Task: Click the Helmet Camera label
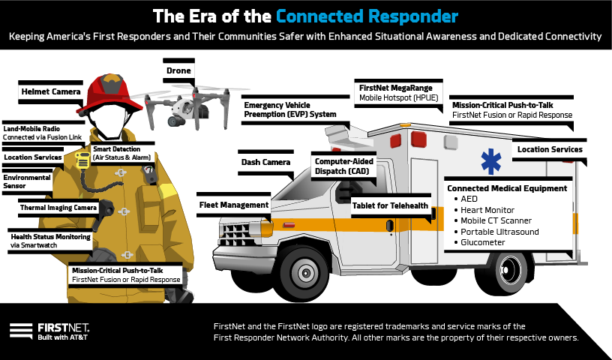tap(49, 92)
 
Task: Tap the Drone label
tap(178, 71)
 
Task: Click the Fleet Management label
tap(234, 205)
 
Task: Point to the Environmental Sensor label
tap(27, 182)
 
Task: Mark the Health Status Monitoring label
tap(52, 240)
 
